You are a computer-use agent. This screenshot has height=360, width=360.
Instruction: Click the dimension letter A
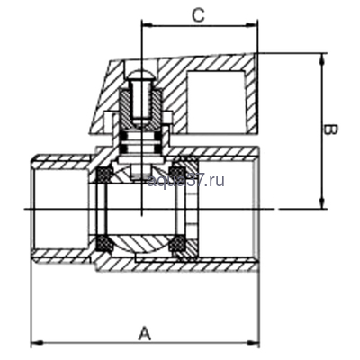pyautogui.click(x=144, y=332)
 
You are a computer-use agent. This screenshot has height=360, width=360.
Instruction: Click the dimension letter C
pyautogui.click(x=199, y=15)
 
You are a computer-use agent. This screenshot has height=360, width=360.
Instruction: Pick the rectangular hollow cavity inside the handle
pyautogui.click(x=215, y=94)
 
